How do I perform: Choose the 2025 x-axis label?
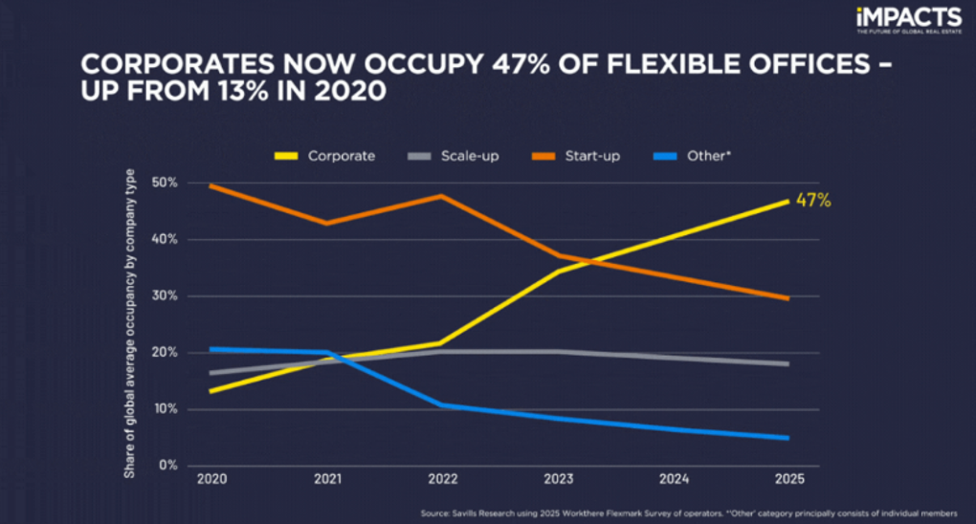[x=788, y=479]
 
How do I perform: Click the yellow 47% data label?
[x=813, y=201]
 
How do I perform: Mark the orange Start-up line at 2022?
[x=441, y=196]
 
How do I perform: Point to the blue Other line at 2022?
[x=441, y=404]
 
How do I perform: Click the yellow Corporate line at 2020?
[x=211, y=391]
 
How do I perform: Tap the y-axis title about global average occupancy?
[x=130, y=323]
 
